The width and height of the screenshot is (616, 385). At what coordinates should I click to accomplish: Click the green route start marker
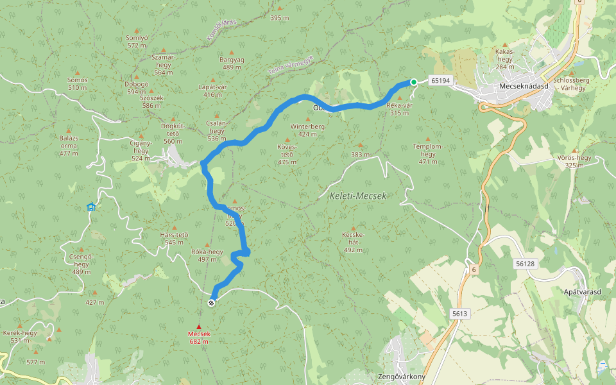(x=414, y=81)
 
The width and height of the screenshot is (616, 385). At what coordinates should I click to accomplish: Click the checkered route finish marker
(x=212, y=302)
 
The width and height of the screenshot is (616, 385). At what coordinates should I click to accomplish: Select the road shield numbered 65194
(x=441, y=81)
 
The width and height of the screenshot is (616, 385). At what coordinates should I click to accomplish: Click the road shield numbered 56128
(x=524, y=264)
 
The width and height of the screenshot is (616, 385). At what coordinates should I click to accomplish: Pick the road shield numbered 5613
(x=459, y=313)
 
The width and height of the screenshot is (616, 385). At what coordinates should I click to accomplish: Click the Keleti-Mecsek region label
(x=357, y=196)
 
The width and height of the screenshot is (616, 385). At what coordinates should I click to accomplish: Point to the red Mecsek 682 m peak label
(x=199, y=338)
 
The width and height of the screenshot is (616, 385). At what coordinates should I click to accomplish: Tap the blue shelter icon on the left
(x=91, y=207)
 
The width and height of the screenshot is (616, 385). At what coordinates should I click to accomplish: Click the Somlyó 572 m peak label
(x=137, y=41)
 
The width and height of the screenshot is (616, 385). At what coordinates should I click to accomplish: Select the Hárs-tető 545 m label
(x=174, y=238)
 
